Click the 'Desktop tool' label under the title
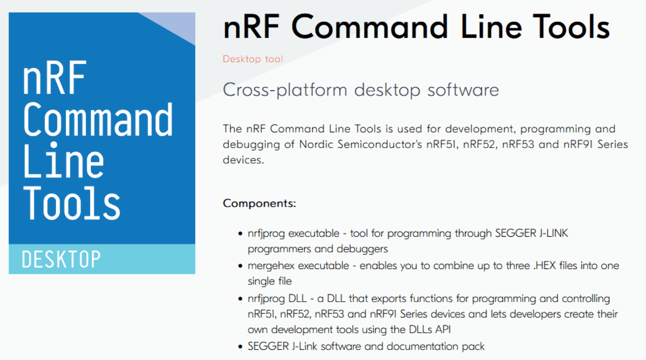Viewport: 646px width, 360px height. click(x=253, y=59)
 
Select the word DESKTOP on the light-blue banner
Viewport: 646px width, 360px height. click(x=61, y=260)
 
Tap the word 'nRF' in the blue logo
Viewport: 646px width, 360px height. click(x=54, y=80)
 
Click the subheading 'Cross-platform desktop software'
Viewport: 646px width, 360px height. click(x=361, y=90)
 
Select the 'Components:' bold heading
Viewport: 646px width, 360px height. click(x=259, y=203)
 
